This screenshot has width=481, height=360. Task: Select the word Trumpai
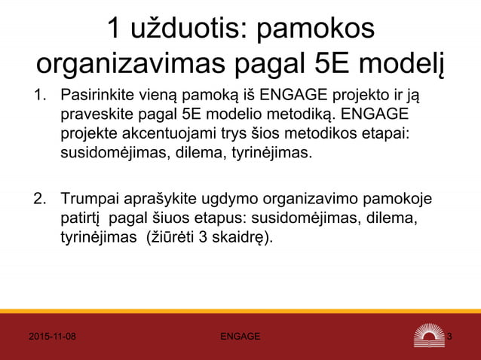coord(89,201)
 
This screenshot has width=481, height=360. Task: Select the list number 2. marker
coord(37,201)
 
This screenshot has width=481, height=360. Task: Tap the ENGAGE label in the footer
coord(240,336)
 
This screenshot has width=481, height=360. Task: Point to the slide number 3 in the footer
coord(450,336)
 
